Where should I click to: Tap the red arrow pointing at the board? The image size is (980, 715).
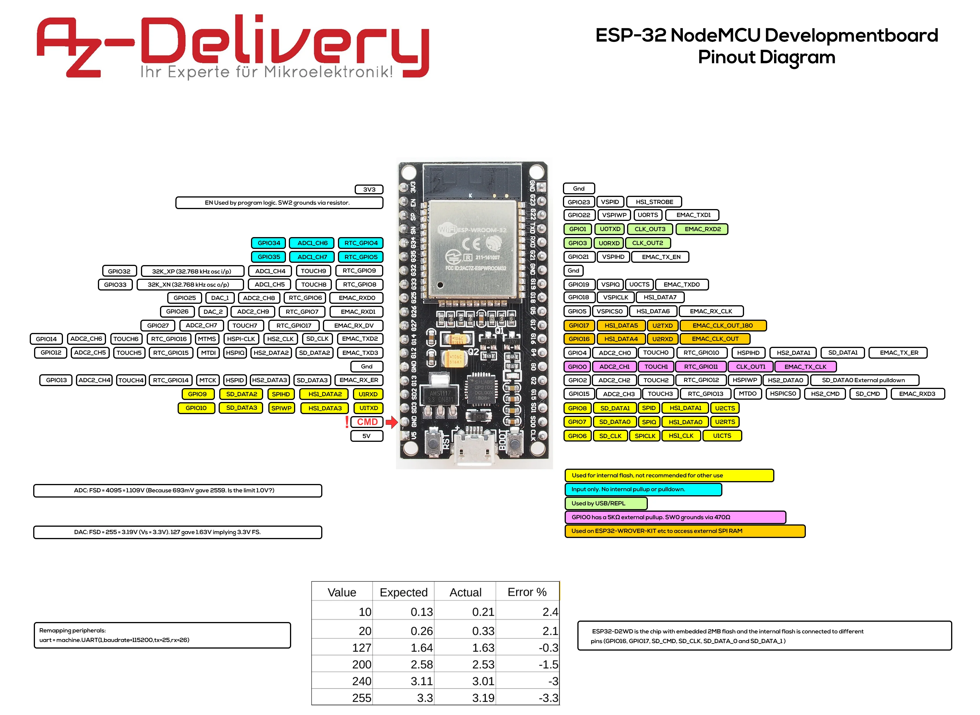tap(391, 422)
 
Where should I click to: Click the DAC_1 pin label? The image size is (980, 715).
tap(220, 298)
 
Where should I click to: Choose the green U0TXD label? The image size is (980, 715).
tap(610, 229)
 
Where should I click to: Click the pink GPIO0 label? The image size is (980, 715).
tap(577, 366)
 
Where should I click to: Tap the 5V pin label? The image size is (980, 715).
tap(366, 436)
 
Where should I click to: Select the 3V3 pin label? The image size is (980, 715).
tap(369, 189)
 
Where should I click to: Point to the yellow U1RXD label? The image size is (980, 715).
tap(368, 394)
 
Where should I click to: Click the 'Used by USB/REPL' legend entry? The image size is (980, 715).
tap(606, 503)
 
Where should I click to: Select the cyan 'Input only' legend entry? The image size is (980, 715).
tap(643, 489)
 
